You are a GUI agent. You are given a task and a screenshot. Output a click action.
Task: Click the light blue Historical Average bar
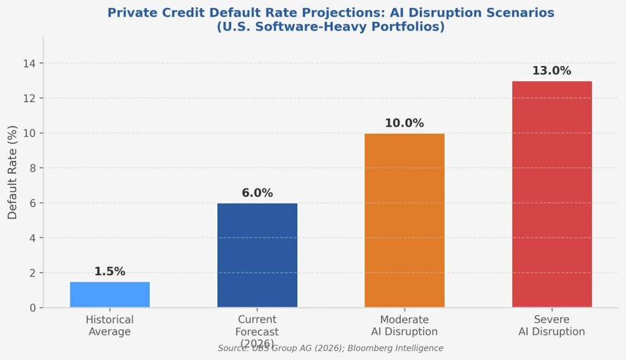point(110,295)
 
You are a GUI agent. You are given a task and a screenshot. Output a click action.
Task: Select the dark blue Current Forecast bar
point(257,255)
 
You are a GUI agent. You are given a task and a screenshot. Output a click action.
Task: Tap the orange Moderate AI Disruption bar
point(405,221)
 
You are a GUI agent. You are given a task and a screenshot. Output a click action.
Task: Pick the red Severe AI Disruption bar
point(552,194)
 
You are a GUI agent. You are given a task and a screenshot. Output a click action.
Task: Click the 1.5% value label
point(110,272)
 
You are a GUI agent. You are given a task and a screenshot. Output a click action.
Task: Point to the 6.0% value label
point(257,193)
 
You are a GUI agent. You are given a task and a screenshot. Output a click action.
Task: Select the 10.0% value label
point(404,123)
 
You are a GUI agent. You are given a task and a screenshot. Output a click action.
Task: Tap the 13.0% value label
point(551,71)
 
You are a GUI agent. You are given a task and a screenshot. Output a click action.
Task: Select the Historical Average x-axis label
point(110,326)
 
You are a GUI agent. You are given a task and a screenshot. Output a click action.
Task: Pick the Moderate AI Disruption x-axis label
point(404,326)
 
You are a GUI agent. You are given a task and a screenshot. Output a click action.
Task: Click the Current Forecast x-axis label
point(257,331)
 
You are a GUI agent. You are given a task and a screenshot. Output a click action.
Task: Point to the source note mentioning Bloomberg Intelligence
point(330,348)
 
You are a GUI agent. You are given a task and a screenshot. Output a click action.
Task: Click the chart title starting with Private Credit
point(330,12)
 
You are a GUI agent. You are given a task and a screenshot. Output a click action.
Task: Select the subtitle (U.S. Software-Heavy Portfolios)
point(330,28)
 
